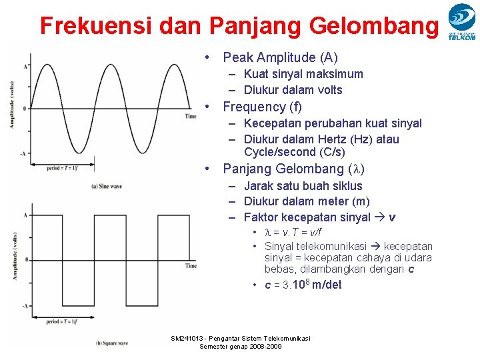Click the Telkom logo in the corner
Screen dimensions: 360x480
461,21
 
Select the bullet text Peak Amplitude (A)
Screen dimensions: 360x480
280,57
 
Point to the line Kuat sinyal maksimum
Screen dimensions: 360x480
303,74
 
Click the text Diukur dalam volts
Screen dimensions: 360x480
293,90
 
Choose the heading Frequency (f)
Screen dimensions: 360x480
262,107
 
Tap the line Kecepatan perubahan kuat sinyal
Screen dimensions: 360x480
333,123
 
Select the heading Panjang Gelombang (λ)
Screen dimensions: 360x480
293,169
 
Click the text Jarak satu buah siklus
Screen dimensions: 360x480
303,186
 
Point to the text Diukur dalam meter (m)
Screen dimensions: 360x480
307,201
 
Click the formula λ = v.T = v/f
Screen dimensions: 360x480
293,232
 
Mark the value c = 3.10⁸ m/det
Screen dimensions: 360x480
303,285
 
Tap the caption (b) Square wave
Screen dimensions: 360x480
111,343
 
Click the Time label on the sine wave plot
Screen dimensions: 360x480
191,116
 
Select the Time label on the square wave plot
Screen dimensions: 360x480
191,266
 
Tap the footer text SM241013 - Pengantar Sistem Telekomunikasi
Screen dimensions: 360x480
241,339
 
